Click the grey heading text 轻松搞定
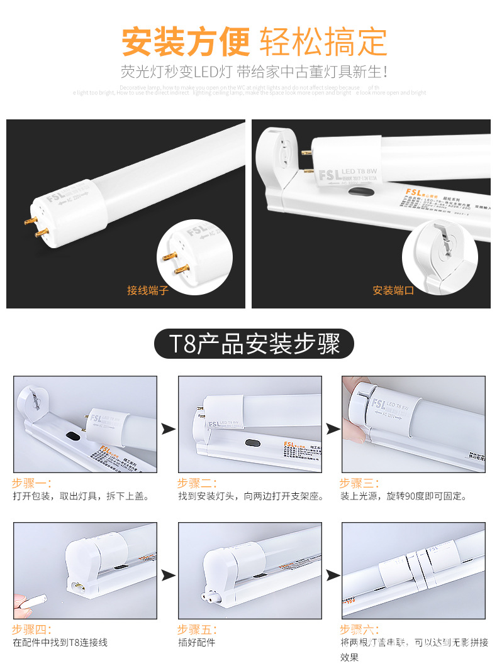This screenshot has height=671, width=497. click(323, 42)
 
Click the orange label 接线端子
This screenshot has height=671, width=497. click(148, 290)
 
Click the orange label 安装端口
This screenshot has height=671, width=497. click(393, 290)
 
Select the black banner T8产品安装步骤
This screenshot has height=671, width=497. click(254, 344)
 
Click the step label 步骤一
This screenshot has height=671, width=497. click(31, 483)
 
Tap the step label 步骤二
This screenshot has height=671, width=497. click(197, 483)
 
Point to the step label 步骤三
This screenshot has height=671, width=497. click(359, 483)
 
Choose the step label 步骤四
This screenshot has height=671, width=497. click(31, 629)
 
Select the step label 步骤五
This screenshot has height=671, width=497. click(197, 629)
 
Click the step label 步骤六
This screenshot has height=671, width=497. click(359, 629)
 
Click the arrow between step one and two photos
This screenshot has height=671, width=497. click(168, 429)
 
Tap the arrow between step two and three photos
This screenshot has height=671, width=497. click(332, 429)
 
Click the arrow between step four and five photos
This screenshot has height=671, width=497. click(168, 575)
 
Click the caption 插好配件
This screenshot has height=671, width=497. click(196, 643)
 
